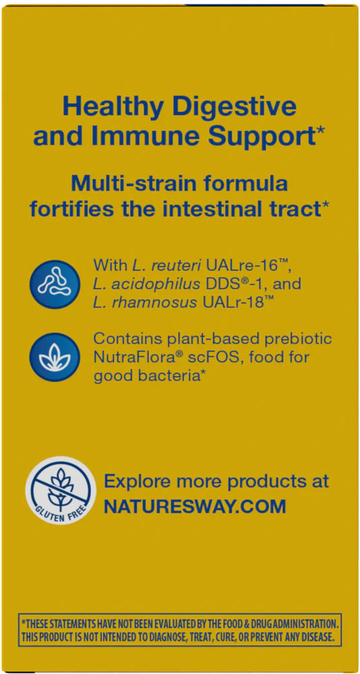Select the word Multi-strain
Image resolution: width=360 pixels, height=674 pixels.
pos(122,183)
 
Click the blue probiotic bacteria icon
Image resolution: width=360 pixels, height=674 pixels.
pos(55,284)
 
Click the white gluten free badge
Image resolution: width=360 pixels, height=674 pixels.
pos(61,491)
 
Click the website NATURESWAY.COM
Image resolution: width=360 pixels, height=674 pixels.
pos(195,506)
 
